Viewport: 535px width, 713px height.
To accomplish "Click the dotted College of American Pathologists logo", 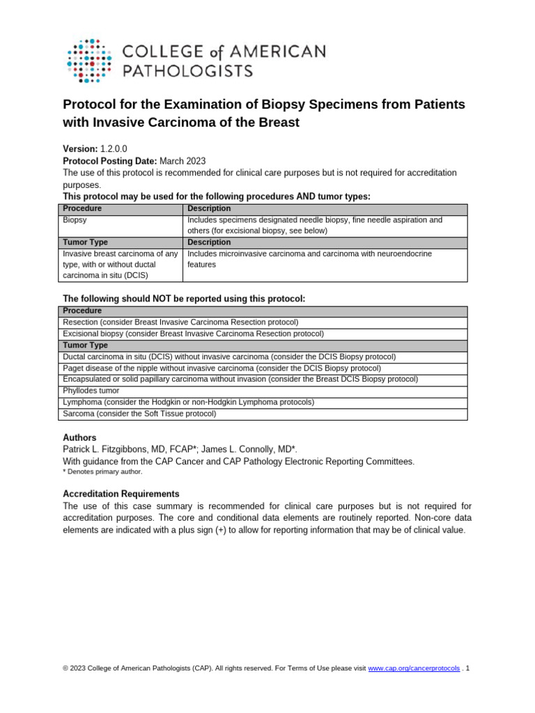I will pos(88,61).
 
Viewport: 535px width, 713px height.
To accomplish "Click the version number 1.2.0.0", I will pos(114,149).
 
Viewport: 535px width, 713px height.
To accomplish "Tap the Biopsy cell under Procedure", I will pos(75,220).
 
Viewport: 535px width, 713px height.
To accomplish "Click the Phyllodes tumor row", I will pos(91,391).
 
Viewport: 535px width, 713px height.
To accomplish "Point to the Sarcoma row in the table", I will pos(139,414).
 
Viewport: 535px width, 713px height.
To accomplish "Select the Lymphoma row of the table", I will pos(188,402).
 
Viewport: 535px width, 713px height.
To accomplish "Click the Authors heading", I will pos(80,438).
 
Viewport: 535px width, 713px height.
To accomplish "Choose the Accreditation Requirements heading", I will pos(121,494).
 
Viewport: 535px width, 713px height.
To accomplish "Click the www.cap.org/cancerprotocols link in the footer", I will pos(414,668).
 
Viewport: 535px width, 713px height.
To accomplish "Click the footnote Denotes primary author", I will pos(105,471).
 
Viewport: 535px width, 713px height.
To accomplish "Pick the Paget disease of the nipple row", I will pos(222,368).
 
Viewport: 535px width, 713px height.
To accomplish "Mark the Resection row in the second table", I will pos(180,322).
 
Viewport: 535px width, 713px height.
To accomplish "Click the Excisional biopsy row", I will pos(193,334).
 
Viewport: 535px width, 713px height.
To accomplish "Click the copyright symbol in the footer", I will pos(65,668).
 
